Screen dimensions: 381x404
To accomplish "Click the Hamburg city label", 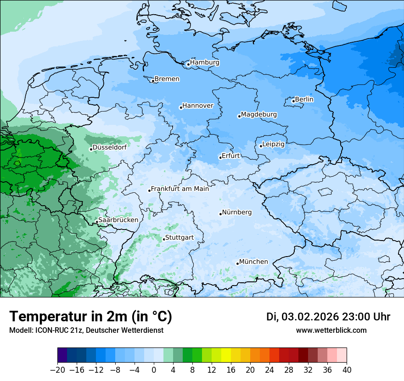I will [205, 62].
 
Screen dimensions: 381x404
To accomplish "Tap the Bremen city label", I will [167, 79].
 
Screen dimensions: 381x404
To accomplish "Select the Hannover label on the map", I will [198, 106].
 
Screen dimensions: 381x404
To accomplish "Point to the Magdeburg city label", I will [259, 114].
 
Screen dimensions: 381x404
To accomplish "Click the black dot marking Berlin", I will [293, 101].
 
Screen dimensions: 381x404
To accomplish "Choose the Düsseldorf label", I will [110, 147].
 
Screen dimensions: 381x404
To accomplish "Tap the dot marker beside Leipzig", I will [261, 146].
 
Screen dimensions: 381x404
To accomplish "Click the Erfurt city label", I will [231, 156].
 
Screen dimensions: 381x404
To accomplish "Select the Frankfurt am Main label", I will [180, 189].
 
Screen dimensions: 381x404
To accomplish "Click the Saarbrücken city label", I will [118, 220].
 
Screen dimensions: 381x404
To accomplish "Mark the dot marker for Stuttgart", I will [164, 239].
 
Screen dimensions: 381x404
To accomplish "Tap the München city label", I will [253, 262].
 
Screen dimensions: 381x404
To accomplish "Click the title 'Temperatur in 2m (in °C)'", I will [90, 317].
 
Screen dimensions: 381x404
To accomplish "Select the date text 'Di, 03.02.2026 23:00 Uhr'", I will [328, 317].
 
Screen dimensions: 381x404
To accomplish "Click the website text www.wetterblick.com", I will [331, 330].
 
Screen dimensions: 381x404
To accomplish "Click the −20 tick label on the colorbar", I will [58, 370].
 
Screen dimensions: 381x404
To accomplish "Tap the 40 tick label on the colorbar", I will [347, 370].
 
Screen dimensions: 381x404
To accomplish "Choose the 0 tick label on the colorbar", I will [154, 370].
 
